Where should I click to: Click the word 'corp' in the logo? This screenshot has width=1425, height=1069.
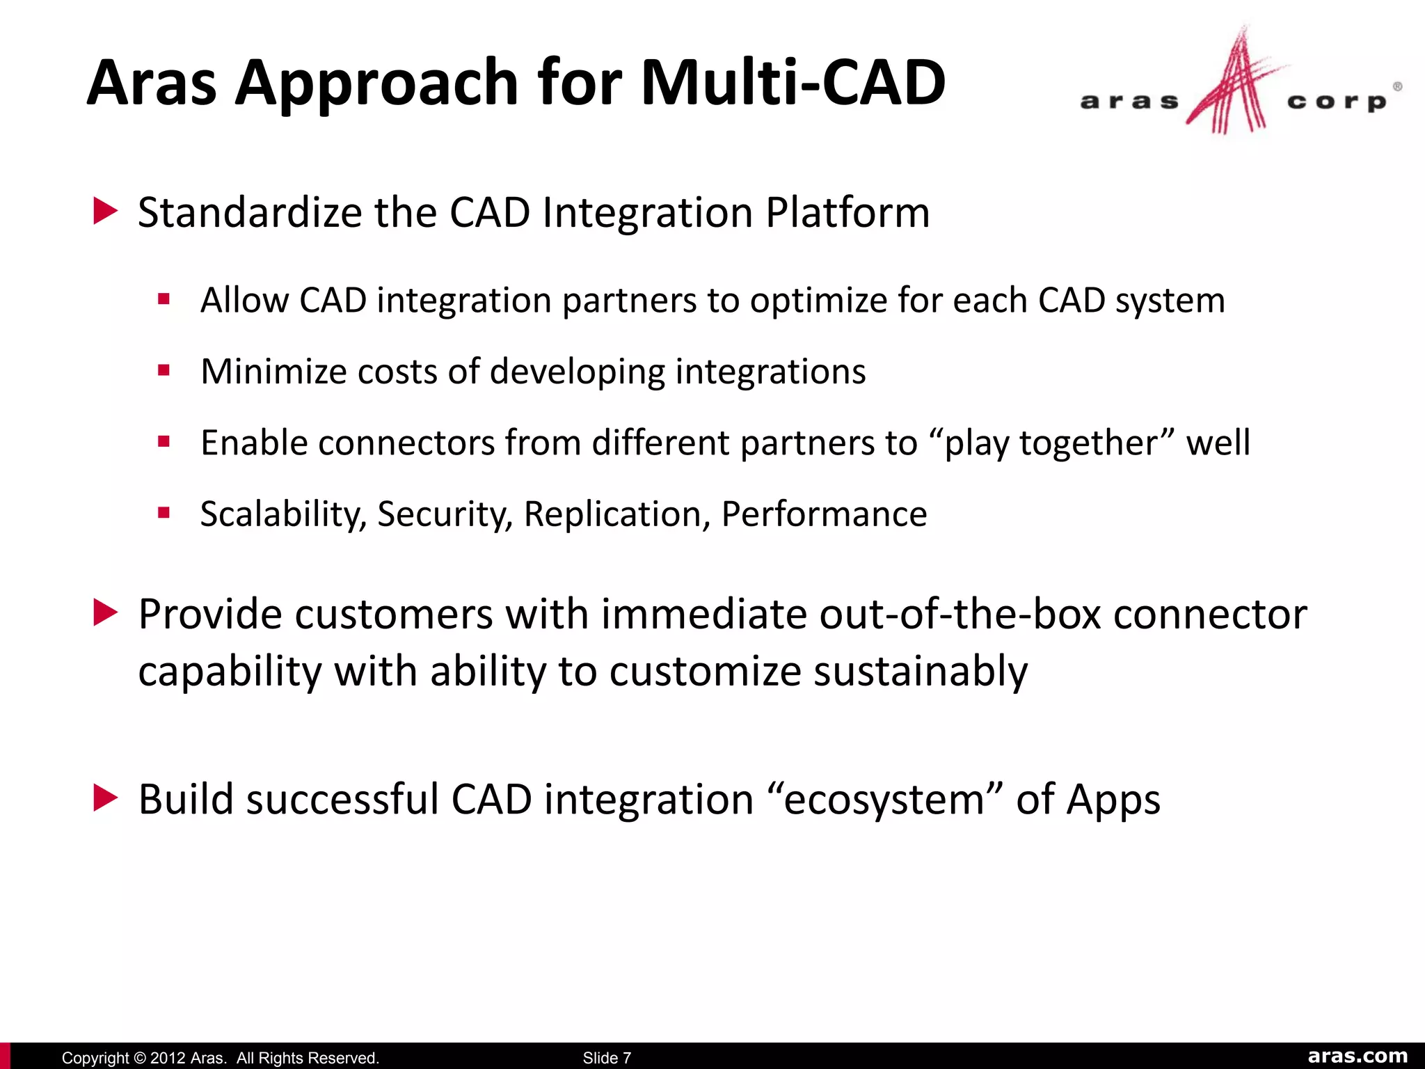point(1337,102)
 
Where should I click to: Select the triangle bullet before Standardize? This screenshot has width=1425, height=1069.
point(105,211)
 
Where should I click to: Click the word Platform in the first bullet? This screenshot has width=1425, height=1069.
point(847,212)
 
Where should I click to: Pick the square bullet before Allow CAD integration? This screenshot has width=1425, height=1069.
point(164,300)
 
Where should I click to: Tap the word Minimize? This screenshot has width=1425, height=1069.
point(273,371)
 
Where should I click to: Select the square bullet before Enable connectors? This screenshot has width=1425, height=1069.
point(164,441)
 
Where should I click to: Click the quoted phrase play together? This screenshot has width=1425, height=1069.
point(1051,443)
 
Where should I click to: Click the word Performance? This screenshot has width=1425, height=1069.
point(824,515)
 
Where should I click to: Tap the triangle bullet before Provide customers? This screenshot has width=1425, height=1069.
point(105,613)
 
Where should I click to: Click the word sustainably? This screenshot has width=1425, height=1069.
point(920,672)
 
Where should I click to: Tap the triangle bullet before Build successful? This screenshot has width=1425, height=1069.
point(105,798)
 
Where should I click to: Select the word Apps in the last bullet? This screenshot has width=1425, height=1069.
point(1113,800)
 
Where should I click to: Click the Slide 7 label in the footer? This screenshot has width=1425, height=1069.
point(607,1058)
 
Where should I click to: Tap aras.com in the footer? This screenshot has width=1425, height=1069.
point(1357,1056)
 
